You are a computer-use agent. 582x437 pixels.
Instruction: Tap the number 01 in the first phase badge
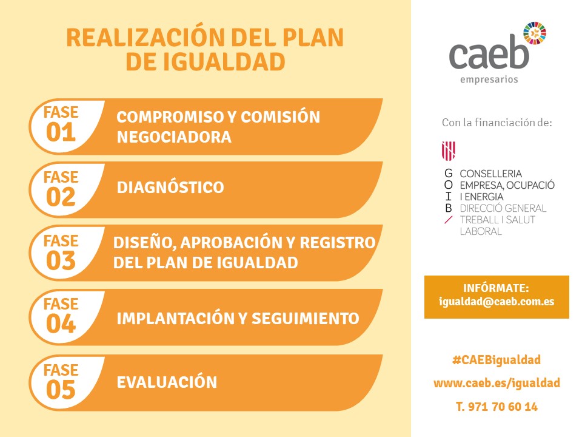point(61,132)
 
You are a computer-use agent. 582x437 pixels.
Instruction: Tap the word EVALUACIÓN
point(167,382)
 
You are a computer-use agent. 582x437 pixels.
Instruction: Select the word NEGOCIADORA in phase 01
point(174,137)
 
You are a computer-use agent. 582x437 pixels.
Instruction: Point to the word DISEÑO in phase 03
point(144,243)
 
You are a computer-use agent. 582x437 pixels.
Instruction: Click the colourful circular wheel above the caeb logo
point(535,33)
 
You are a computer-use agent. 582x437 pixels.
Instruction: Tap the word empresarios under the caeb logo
point(489,80)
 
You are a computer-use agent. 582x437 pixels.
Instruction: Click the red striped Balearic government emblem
point(449,151)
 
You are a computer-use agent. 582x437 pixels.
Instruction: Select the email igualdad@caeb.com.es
point(497,302)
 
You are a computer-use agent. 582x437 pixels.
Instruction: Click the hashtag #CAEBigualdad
point(497,360)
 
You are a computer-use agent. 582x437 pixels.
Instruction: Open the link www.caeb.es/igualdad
point(497,383)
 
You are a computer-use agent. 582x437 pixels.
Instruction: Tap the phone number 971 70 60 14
point(503,407)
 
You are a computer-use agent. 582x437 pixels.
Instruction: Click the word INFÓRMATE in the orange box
point(496,288)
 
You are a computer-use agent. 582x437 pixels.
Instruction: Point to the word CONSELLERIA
point(490,174)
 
